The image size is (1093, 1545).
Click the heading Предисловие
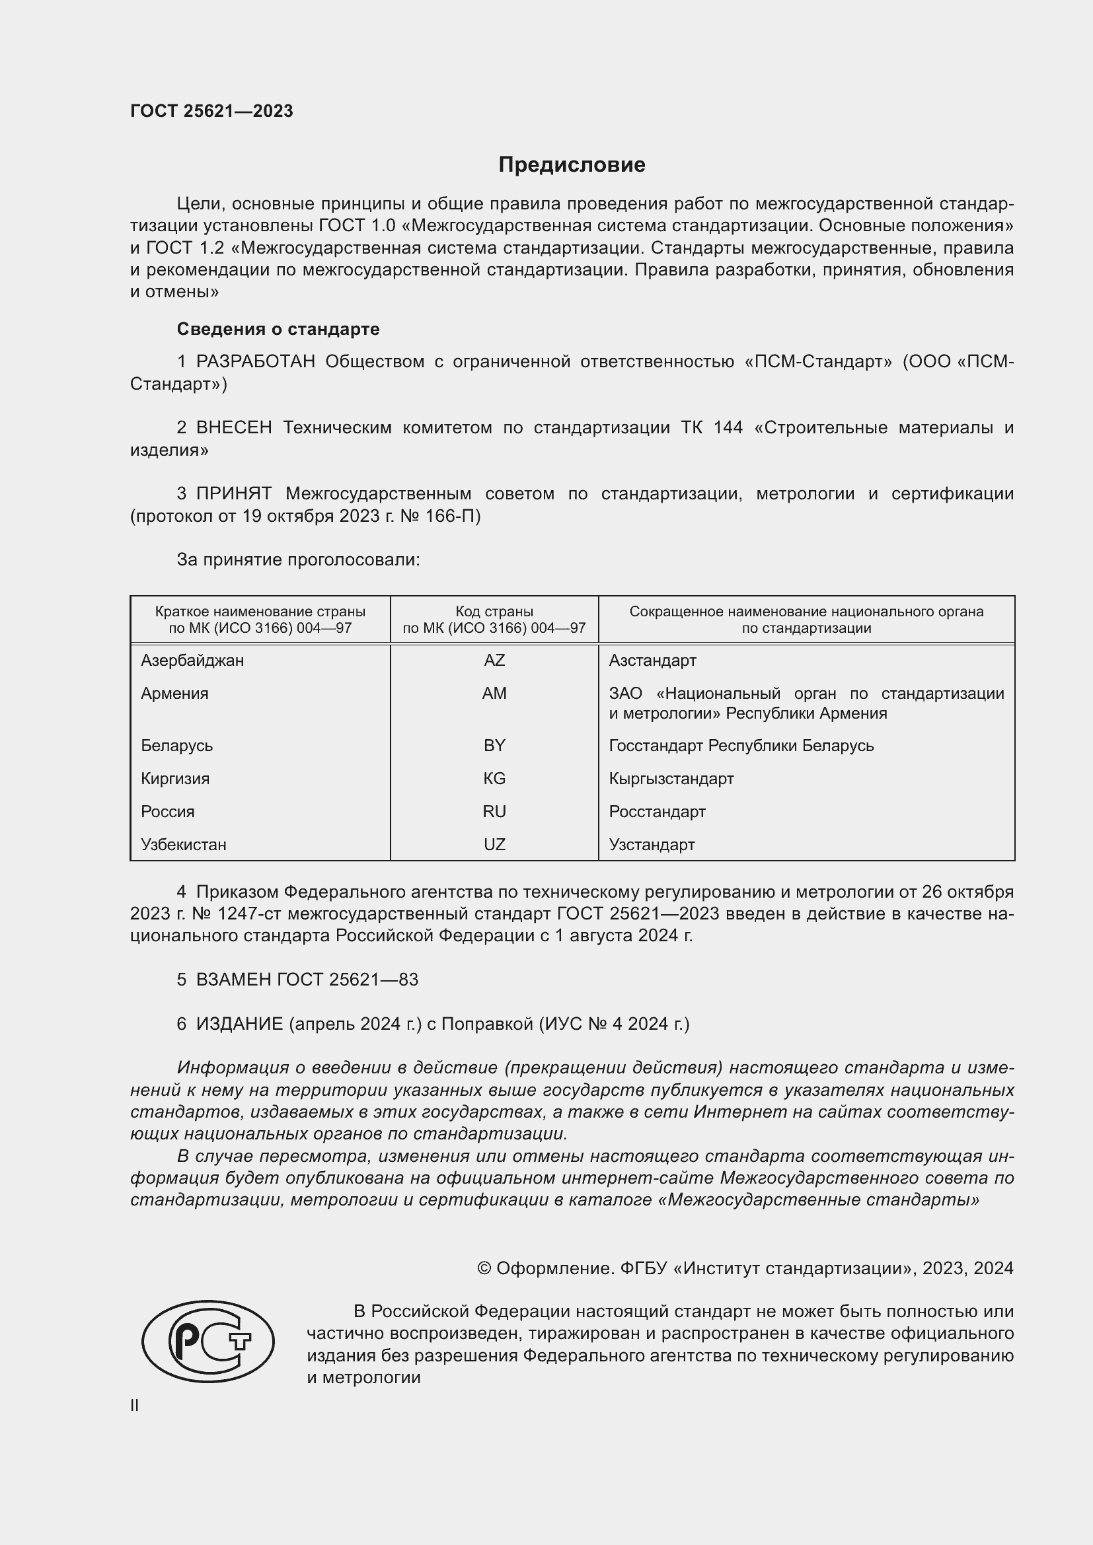click(572, 165)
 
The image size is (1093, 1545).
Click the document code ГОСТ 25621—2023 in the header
click(211, 111)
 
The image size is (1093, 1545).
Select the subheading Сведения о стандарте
click(278, 329)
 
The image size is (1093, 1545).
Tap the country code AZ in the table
click(494, 660)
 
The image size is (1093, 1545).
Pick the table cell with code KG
click(494, 779)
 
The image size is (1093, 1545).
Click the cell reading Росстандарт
click(657, 812)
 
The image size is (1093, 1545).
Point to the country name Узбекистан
click(183, 845)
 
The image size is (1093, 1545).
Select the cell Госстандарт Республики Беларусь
click(741, 746)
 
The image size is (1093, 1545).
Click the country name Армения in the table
click(174, 693)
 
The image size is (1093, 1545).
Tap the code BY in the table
click(494, 746)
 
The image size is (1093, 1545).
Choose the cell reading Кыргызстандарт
click(671, 779)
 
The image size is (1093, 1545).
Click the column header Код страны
click(494, 612)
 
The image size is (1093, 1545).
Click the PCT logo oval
click(208, 1341)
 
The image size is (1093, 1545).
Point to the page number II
click(135, 1405)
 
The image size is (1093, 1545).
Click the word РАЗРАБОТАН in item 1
click(255, 362)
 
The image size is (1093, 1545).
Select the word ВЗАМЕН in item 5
click(233, 979)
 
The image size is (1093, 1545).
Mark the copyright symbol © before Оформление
click(484, 1268)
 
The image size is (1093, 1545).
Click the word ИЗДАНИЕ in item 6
click(240, 1023)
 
